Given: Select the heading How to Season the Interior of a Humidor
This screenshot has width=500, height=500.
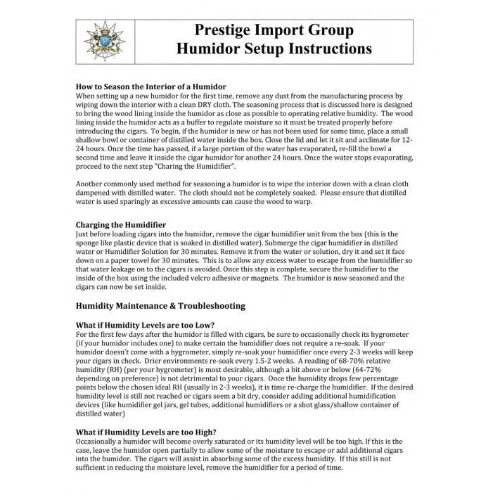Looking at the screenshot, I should click(158, 86).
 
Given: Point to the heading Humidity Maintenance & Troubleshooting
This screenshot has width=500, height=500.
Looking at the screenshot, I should click(160, 306).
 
